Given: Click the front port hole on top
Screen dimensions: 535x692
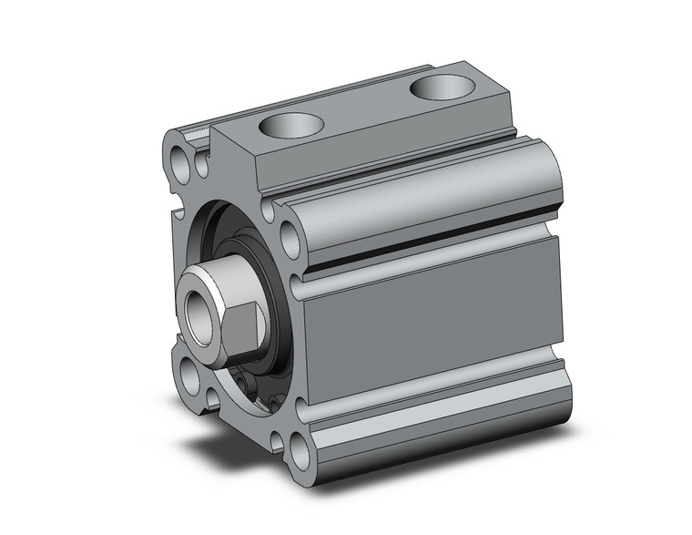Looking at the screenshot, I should (291, 125).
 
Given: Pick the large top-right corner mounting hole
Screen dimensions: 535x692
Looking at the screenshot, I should (290, 240).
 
